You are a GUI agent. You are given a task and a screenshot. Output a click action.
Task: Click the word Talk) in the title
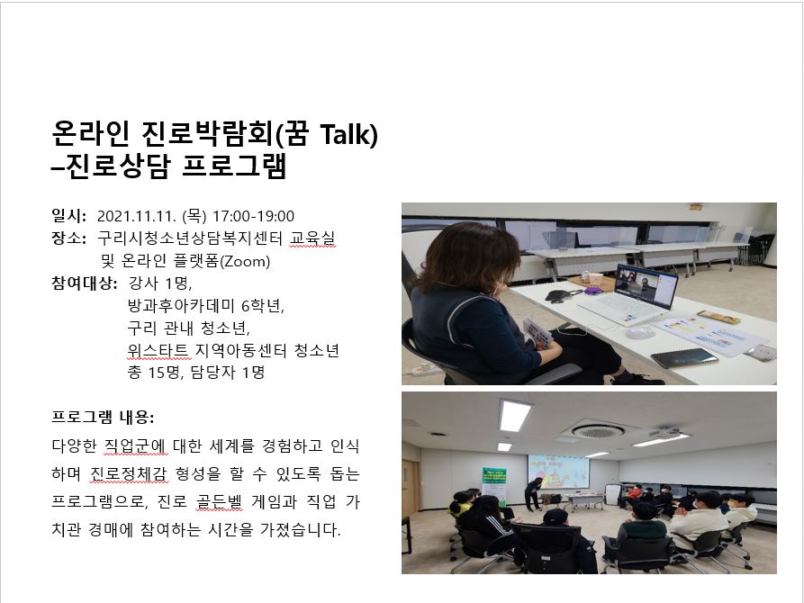(x=348, y=134)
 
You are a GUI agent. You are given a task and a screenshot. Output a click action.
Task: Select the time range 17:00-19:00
(x=253, y=216)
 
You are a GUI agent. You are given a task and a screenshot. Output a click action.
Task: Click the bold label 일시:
(x=68, y=216)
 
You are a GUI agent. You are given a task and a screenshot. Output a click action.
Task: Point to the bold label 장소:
(x=68, y=238)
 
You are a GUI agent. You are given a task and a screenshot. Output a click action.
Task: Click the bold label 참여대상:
(x=84, y=283)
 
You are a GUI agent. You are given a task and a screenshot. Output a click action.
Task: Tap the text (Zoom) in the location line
(x=245, y=262)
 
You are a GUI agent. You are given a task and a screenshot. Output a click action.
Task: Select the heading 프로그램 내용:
(x=103, y=417)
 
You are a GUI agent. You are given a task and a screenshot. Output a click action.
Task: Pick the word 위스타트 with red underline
(x=158, y=350)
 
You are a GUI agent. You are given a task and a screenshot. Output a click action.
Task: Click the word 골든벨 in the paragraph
(x=219, y=501)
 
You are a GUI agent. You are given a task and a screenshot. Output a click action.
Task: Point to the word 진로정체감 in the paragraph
(x=129, y=473)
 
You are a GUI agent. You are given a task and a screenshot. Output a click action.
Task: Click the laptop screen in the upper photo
(x=646, y=284)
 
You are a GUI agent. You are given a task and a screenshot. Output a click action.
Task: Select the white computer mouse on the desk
(x=640, y=332)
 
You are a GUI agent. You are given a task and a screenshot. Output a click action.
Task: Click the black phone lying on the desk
(x=684, y=358)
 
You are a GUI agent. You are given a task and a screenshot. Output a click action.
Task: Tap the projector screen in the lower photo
(x=558, y=472)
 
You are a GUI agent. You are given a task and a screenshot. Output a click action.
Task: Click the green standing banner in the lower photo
(x=493, y=483)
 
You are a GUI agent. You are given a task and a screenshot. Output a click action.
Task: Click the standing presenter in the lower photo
(x=533, y=493)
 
